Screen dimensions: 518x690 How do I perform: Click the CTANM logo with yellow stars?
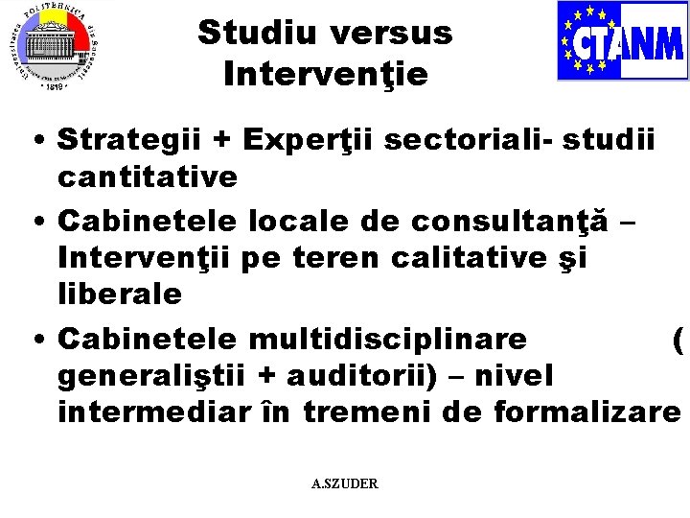(622, 41)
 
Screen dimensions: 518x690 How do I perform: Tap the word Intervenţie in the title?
(325, 72)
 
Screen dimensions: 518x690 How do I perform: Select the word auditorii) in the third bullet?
(364, 375)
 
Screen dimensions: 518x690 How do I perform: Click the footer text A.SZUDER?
(345, 484)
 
